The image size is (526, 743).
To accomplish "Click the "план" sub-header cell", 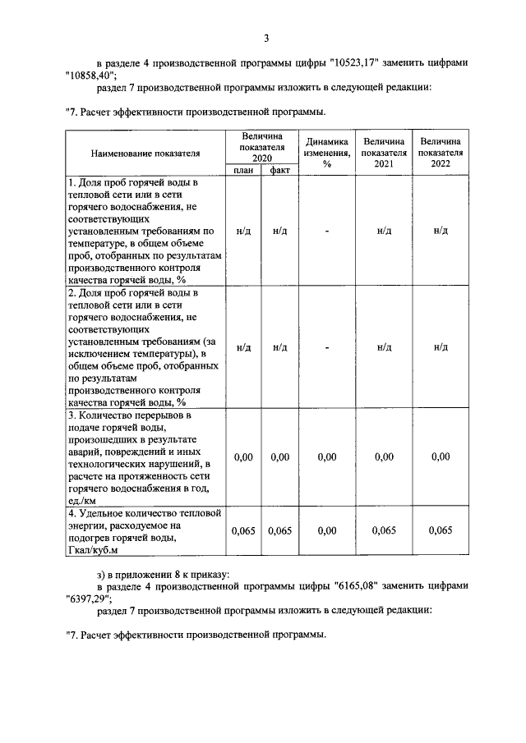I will [x=242, y=170].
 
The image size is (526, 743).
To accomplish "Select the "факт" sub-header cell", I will [x=279, y=170].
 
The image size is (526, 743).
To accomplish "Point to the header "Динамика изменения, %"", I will [x=326, y=152].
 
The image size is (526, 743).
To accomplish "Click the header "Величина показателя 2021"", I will [x=384, y=152].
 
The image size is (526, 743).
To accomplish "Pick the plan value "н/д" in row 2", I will [x=243, y=347].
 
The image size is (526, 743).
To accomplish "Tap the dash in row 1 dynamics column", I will [x=326, y=231].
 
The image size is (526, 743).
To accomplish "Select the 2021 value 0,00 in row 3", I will [x=384, y=456].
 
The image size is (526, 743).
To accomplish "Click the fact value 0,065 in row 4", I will [x=279, y=531].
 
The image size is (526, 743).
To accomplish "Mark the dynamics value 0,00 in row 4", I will [x=326, y=531].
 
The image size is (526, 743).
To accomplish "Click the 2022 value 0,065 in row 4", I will [x=441, y=531].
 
